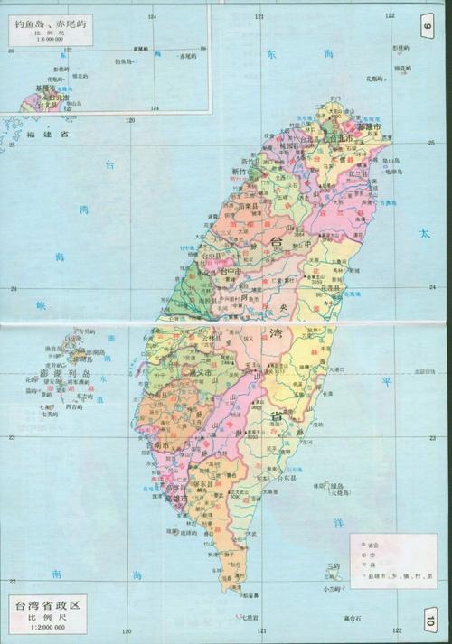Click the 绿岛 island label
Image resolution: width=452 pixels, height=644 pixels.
(340, 487)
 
